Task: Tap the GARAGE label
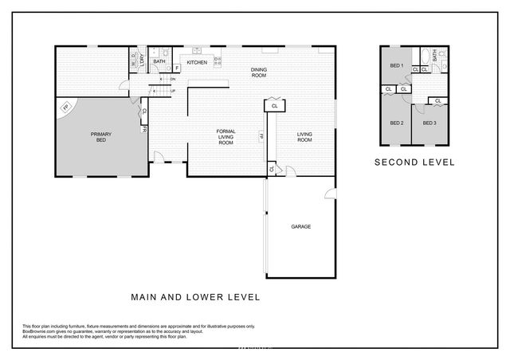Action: coord(301,226)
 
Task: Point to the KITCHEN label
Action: coord(197,62)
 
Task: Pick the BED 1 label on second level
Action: coord(396,65)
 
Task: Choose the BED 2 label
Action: coord(396,123)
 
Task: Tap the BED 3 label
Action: coord(430,123)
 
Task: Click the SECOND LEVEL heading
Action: coord(414,162)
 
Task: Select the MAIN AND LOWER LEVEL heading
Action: coord(195,296)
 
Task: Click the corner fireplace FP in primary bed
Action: coord(66,106)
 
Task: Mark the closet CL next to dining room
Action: coord(275,105)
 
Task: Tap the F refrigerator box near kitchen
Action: coord(176,68)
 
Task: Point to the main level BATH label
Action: coord(159,61)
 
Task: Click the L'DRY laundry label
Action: coord(143,57)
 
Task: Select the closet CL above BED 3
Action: coord(437,100)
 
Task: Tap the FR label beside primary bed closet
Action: coord(144,128)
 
